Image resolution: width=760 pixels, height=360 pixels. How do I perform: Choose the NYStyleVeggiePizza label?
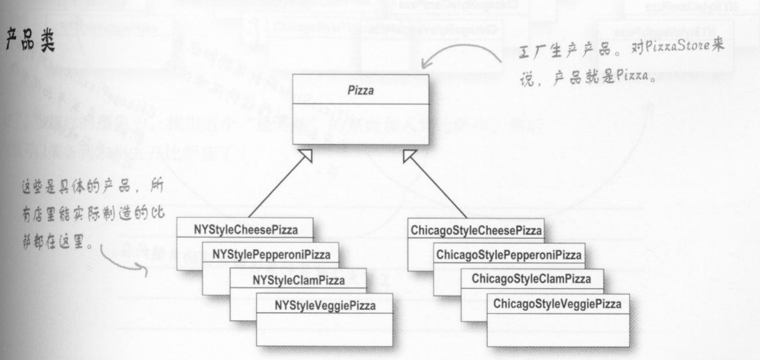pos(325,305)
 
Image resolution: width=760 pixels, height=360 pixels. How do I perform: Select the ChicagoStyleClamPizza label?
pos(531,279)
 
